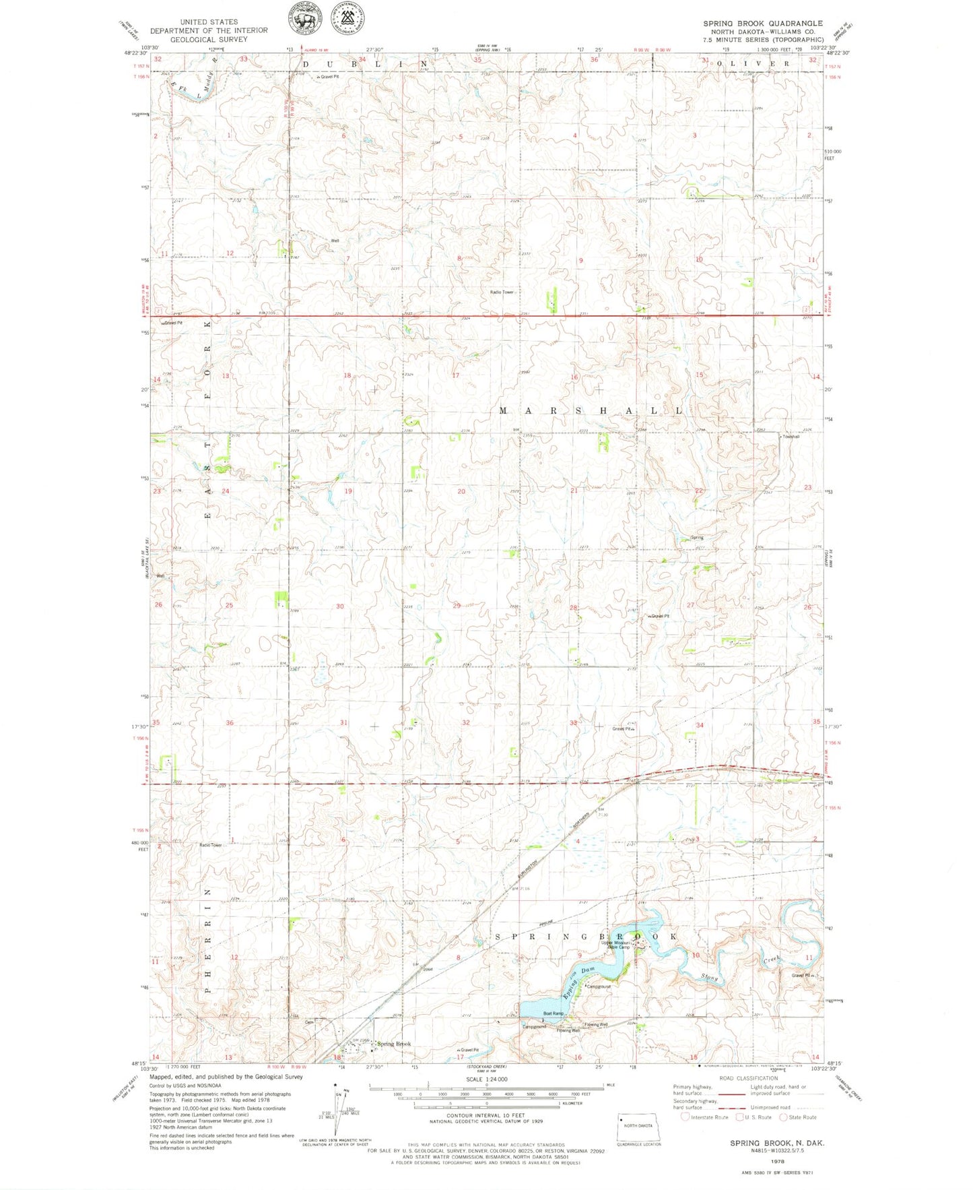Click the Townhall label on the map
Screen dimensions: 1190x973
(x=791, y=437)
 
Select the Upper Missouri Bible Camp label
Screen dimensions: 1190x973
(x=615, y=945)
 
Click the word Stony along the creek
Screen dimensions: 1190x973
(x=708, y=976)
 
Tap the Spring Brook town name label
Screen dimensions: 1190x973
(x=394, y=1044)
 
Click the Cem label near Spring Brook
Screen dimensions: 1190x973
(x=309, y=1022)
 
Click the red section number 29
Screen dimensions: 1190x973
(x=457, y=606)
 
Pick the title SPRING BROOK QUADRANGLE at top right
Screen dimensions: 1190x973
(x=763, y=23)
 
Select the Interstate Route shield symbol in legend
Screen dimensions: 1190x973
(x=685, y=1117)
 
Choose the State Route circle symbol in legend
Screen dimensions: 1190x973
(x=783, y=1117)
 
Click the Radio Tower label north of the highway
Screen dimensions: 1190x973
(x=502, y=292)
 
